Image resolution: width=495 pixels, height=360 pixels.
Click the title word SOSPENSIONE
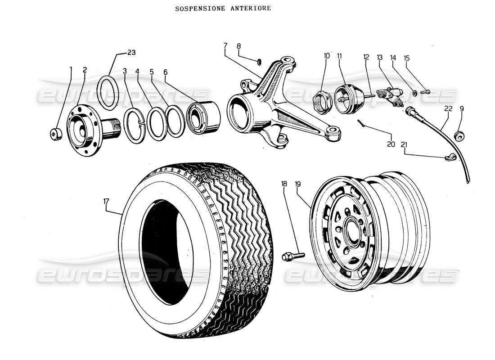195,9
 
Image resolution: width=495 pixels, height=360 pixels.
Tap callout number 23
131,53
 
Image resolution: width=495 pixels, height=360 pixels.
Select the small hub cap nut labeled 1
55,134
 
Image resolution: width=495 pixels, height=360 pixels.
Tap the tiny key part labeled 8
260,61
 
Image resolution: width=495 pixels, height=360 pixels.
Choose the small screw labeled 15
425,92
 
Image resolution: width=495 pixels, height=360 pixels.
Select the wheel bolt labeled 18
293,256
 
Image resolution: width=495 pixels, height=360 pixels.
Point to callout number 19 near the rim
297,184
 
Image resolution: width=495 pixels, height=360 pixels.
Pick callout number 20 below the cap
391,144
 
